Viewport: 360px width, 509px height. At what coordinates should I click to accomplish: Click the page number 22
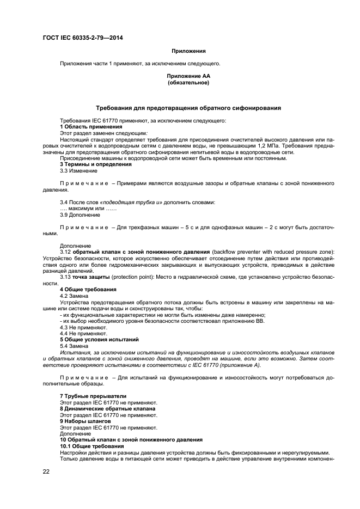click(x=46, y=471)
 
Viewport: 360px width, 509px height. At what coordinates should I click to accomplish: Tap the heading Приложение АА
click(x=188, y=77)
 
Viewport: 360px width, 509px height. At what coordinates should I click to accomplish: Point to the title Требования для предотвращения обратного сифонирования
click(x=188, y=108)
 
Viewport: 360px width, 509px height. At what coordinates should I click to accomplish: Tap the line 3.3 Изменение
click(x=78, y=170)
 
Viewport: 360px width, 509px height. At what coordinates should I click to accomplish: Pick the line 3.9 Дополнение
click(x=80, y=215)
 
